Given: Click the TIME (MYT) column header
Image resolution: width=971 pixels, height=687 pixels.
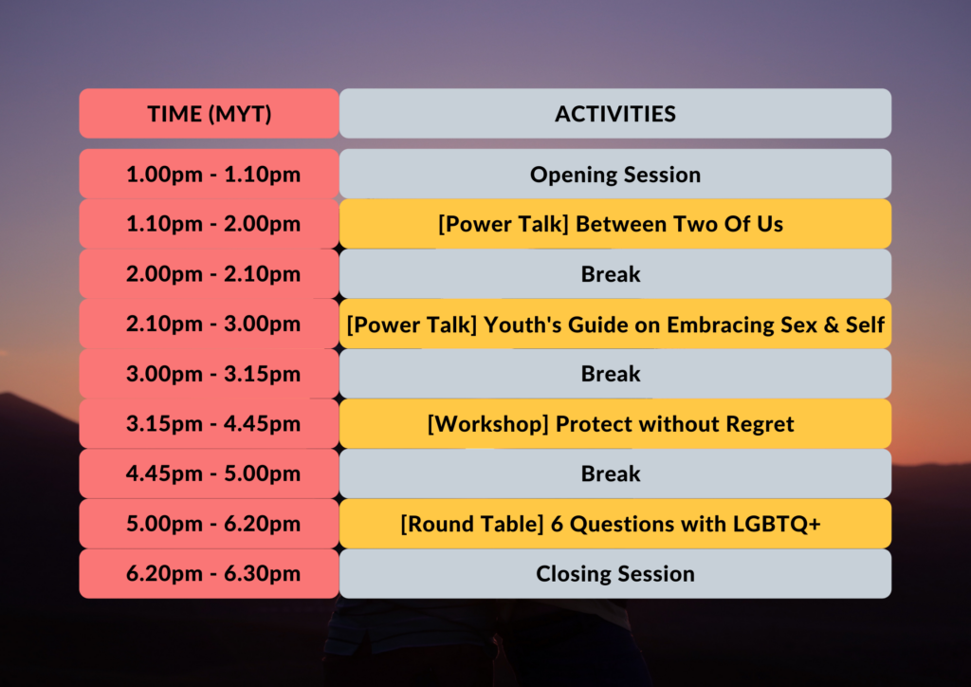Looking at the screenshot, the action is (209, 113).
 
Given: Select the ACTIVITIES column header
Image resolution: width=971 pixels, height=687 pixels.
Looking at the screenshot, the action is (614, 113).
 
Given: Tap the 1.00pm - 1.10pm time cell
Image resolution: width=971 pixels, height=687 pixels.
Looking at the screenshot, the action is (209, 174).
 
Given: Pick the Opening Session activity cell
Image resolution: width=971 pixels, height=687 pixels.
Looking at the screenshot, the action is (614, 174).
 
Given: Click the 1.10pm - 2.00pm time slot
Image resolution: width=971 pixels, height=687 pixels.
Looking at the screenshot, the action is (209, 224).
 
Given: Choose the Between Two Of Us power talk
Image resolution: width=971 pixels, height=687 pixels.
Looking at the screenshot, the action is (614, 224).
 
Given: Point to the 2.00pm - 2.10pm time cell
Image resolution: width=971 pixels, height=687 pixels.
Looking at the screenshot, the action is (209, 274).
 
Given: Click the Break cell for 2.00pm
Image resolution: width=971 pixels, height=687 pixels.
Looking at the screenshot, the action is (614, 274).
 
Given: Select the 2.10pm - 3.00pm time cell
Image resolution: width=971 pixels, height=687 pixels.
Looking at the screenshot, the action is (209, 324).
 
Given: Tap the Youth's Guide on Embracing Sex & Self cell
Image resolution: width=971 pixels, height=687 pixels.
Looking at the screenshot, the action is (614, 324).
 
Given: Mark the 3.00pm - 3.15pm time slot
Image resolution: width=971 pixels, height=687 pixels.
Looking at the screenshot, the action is (209, 374).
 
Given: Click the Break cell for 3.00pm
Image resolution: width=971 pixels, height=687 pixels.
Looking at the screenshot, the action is (614, 374).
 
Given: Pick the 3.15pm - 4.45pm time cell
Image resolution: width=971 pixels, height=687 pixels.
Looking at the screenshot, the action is (209, 424).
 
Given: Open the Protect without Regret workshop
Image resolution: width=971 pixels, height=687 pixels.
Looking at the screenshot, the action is (614, 424).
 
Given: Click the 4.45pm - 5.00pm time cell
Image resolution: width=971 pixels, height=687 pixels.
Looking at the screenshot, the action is (209, 473).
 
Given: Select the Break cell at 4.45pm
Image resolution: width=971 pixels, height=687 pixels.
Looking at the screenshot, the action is (614, 473).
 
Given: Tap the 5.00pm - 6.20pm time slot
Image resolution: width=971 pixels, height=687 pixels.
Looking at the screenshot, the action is (209, 524).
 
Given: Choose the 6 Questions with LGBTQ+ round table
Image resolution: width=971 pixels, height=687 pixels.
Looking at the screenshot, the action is (614, 524).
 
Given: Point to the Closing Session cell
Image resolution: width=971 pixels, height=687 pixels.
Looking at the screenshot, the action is (614, 574).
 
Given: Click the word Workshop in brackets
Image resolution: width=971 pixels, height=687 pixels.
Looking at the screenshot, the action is (488, 425).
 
